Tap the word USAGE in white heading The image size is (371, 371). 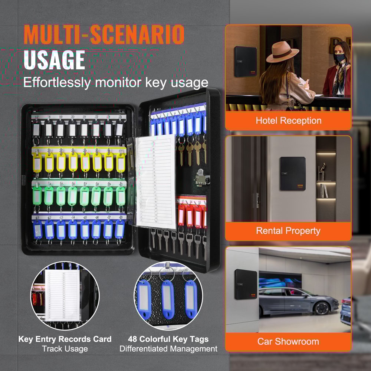tap(54, 60)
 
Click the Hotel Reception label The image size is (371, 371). tap(288, 121)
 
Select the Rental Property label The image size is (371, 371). tap(288, 231)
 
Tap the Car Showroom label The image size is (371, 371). tap(288, 341)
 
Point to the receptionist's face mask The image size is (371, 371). tap(340, 58)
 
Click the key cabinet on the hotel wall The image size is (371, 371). tap(245, 62)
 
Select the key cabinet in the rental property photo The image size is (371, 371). tap(293, 174)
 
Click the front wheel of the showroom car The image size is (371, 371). tap(321, 308)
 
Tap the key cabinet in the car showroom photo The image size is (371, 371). tap(246, 285)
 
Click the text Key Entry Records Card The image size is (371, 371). tap(65, 339)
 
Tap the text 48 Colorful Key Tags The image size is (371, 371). tap(168, 339)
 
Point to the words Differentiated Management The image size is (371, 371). tap(168, 349)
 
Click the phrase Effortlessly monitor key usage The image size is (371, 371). tap(116, 82)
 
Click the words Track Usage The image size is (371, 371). tap(65, 349)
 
